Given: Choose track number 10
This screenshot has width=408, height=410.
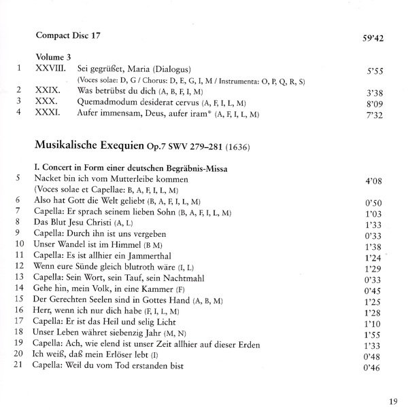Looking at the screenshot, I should [x=19, y=243].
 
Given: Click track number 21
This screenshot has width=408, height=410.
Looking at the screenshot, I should [x=19, y=366].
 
